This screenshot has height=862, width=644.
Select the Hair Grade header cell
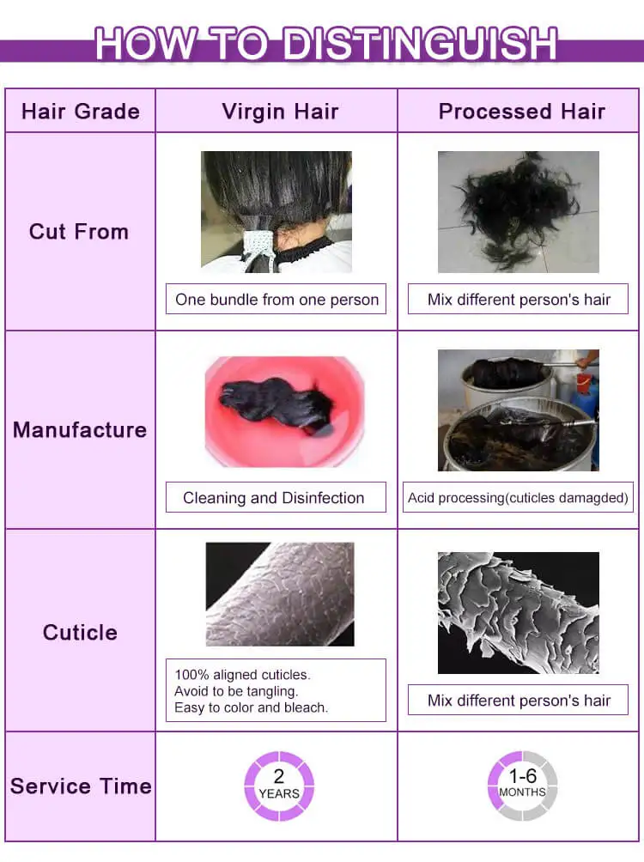81,111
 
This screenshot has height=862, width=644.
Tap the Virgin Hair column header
280,111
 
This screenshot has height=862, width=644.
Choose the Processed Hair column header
521,111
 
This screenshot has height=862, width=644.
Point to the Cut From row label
79,232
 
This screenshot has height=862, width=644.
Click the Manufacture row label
80,430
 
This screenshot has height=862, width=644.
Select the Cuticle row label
80,632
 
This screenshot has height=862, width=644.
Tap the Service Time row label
81,786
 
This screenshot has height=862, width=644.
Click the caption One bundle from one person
276,300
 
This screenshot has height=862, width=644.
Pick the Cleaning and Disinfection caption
273,498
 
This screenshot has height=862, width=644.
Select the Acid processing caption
518,498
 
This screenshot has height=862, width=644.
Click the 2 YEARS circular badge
279,786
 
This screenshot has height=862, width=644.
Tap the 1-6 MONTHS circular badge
522,786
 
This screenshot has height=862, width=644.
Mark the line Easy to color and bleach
251,707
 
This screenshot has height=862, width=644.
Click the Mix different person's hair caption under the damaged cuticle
519,701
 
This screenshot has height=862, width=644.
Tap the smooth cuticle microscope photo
280,594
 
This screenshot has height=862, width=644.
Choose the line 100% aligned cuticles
242,675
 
